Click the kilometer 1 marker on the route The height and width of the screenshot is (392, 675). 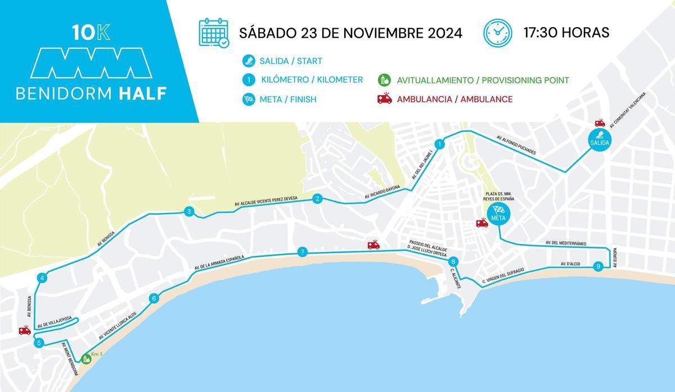pos(440,145)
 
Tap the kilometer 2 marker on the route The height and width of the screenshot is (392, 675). pos(317,199)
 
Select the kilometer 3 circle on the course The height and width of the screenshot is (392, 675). pos(189,212)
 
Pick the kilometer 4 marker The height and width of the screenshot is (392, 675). pos(42,278)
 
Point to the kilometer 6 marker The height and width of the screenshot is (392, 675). pos(153,299)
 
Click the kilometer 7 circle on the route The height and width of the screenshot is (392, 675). pos(303,252)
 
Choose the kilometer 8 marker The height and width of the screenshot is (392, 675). pos(453,261)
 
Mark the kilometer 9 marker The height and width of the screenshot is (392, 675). pos(598,267)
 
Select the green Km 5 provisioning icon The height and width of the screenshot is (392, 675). pos(86,358)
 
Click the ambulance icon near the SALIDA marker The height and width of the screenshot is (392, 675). pos(600,123)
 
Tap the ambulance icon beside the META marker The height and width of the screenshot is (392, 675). pos(481,223)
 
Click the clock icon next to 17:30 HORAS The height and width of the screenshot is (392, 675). pos(498,33)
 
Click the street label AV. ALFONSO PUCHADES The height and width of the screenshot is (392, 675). pos(517,145)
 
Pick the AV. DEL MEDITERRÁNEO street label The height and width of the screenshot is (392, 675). pos(566,243)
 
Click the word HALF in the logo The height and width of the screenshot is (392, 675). pos(143,93)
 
